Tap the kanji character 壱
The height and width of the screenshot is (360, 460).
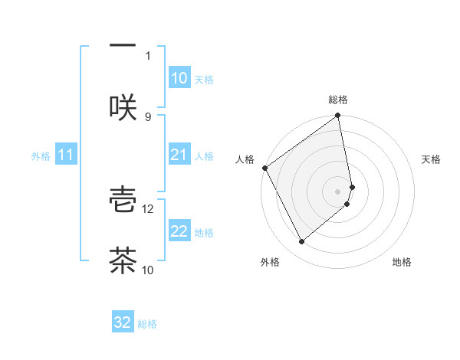123,198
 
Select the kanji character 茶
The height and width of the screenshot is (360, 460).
123,260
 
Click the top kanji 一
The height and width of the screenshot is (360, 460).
123,45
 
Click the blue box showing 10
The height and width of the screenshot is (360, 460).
179,78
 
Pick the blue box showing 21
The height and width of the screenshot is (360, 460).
179,155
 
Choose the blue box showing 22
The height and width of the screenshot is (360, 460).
179,232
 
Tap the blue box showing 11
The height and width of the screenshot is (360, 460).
66,155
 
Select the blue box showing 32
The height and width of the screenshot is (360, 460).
123,322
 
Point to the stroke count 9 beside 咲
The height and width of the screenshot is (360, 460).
148,116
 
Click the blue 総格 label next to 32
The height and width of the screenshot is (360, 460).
147,324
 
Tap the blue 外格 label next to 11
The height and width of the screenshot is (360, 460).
41,156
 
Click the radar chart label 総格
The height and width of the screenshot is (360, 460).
338,100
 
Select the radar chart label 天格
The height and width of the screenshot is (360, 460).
432,159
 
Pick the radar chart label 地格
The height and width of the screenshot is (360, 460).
402,263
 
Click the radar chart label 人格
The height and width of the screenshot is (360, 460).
245,159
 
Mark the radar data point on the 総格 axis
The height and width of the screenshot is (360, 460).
338,116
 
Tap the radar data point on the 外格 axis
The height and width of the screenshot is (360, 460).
302,241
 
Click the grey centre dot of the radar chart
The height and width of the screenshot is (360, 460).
338,191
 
